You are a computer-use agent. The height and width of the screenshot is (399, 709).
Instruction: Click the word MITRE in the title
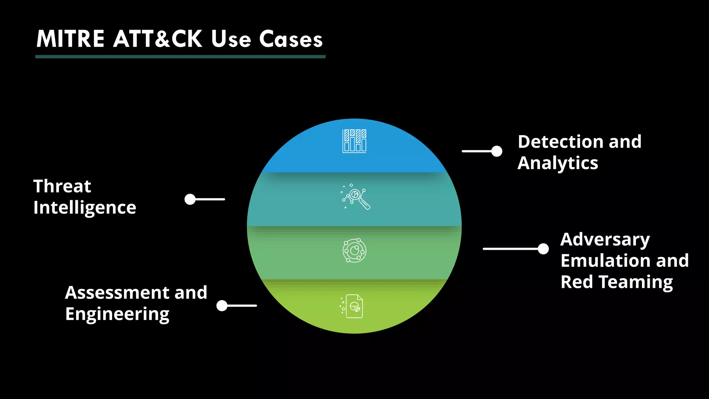(70, 39)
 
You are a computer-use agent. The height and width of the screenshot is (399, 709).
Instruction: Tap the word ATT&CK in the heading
(158, 39)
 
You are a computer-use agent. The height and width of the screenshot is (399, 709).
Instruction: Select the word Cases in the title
(291, 39)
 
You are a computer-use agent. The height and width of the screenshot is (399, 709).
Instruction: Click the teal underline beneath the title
(180, 56)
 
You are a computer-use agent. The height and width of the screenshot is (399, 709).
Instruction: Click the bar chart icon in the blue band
(354, 141)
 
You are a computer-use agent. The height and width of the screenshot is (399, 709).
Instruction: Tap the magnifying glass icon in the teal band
(355, 197)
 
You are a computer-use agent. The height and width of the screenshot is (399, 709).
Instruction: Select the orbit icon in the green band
(354, 250)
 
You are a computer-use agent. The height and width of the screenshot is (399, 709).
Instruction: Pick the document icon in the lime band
(353, 306)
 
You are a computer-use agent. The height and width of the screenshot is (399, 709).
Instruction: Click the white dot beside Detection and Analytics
(497, 151)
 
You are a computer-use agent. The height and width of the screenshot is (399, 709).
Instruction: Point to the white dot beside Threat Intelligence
(190, 199)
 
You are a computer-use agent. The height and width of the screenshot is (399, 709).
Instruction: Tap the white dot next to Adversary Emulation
(543, 249)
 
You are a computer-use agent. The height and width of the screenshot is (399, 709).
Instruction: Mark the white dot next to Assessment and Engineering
(222, 305)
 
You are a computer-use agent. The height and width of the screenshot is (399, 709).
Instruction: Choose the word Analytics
(558, 163)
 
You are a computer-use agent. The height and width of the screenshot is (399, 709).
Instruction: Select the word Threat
(62, 186)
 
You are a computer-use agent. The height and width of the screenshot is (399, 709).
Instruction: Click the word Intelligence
(85, 208)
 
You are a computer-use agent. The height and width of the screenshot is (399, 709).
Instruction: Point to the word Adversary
(605, 240)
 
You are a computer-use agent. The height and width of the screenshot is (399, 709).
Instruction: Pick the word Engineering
(117, 314)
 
